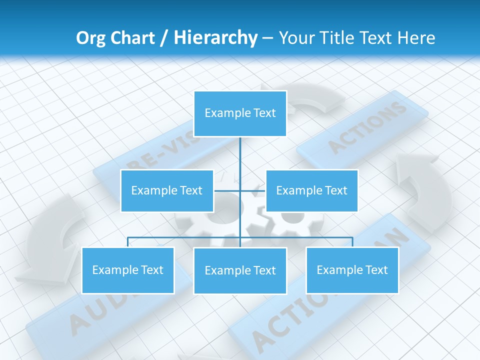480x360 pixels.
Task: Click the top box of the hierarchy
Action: click(240, 113)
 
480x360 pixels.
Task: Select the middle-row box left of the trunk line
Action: click(167, 190)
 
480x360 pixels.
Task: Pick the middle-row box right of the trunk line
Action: click(311, 190)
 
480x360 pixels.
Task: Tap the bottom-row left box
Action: click(128, 270)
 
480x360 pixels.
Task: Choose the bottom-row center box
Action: click(240, 270)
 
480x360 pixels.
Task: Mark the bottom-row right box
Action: click(352, 270)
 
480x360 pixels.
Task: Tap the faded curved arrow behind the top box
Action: click(315, 100)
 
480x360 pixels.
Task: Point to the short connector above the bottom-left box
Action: click(128, 242)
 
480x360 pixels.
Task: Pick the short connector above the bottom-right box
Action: click(352, 242)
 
